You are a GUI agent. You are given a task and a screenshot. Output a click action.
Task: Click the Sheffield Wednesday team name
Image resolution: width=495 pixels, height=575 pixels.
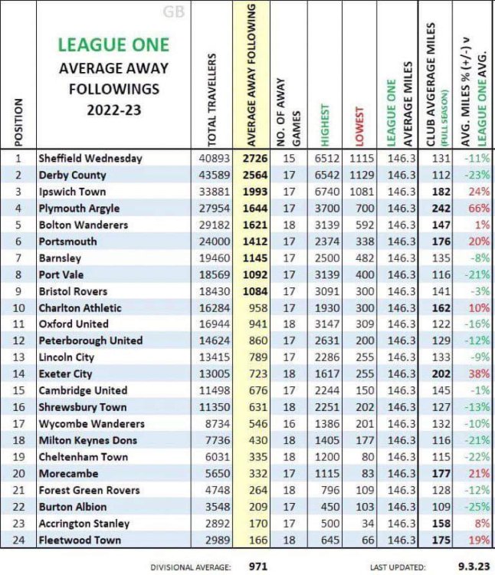[x=90, y=158]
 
